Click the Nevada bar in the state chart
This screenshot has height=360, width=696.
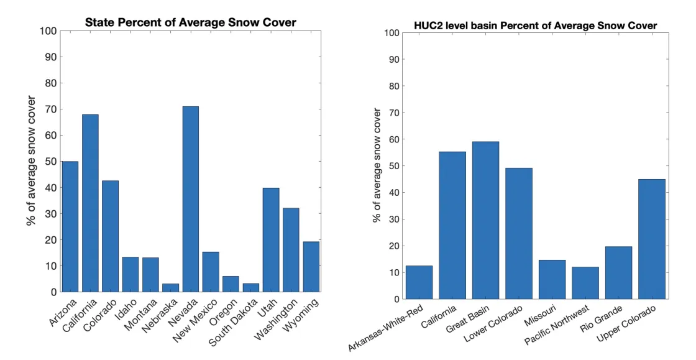190,199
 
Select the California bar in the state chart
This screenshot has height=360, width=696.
90,203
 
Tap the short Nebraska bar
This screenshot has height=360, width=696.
170,288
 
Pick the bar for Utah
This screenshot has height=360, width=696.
270,239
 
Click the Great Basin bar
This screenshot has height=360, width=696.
485,221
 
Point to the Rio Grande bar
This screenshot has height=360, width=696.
618,273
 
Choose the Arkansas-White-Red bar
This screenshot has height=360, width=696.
419,282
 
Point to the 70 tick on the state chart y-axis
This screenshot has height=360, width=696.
49,109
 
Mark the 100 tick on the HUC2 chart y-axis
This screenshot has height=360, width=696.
391,32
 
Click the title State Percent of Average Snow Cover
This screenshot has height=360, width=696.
190,23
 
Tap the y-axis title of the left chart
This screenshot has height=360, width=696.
31,160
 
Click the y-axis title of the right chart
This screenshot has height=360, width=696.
377,165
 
